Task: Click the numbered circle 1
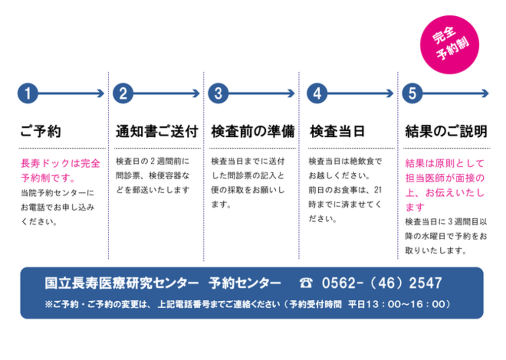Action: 28,93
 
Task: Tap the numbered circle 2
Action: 123,93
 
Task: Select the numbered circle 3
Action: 218,93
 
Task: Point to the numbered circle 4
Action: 317,93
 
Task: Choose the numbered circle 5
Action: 412,93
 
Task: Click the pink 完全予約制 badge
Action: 450,44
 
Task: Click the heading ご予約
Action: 41,131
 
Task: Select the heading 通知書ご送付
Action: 157,131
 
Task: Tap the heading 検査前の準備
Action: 253,131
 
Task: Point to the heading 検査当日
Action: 337,131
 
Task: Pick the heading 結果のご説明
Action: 446,131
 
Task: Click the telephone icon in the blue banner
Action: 305,283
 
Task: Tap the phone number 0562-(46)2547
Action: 382,283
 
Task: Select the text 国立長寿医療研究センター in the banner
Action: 122,283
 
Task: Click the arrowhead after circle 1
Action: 101,93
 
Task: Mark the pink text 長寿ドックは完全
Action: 60,163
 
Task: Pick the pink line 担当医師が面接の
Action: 445,178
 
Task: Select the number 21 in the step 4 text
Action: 378,190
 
